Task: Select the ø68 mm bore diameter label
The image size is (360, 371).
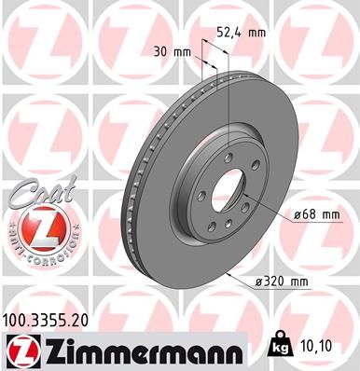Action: click(x=314, y=215)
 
